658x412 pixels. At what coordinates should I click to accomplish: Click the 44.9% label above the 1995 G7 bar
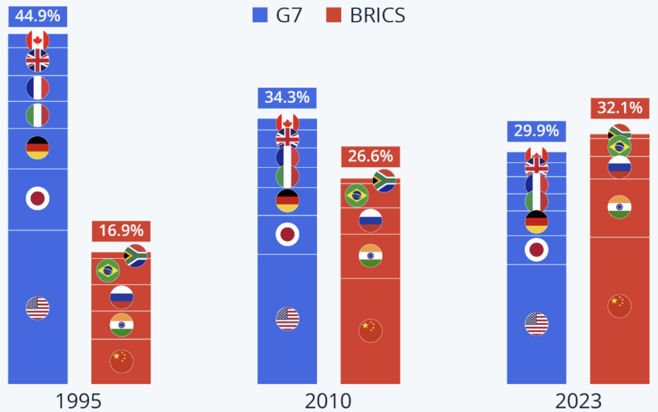(x=37, y=16)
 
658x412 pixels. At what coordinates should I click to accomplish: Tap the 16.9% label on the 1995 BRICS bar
(x=121, y=231)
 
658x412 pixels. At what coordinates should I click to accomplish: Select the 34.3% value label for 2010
(x=287, y=98)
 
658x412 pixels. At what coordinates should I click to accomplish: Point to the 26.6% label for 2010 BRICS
(x=370, y=156)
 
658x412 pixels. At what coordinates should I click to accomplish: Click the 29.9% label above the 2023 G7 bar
(x=537, y=131)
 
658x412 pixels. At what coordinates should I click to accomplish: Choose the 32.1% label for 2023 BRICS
(x=619, y=108)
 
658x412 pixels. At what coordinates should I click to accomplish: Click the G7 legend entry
(x=278, y=15)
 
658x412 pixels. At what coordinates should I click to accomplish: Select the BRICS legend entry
(x=366, y=15)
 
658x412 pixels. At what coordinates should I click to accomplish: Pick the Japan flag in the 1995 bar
(x=37, y=199)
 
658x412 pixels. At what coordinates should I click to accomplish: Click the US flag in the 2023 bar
(x=537, y=323)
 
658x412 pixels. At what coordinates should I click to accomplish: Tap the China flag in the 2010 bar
(x=370, y=330)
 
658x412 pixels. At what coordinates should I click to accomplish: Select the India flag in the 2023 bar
(x=619, y=207)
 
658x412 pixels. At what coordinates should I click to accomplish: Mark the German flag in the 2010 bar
(x=287, y=201)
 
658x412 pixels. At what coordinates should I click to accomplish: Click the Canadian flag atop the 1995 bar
(x=37, y=41)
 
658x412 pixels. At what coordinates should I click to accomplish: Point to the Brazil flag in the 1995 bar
(x=108, y=271)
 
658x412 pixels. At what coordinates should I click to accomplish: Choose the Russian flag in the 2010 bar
(x=370, y=221)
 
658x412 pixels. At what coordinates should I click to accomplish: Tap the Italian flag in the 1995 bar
(x=37, y=115)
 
